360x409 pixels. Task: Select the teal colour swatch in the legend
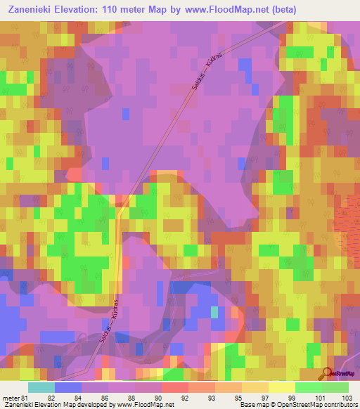[41, 387]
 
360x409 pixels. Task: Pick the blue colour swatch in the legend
[68, 387]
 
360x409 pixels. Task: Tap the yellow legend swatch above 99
[282, 387]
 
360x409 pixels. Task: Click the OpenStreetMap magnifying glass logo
[326, 373]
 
